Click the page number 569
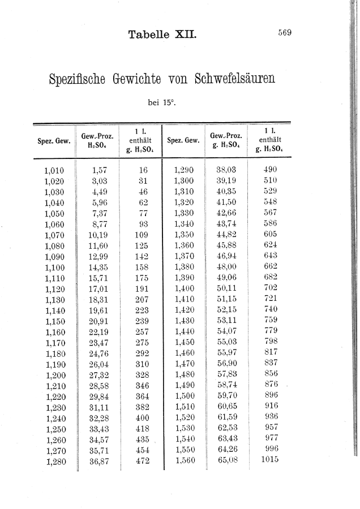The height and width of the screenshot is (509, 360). tap(284, 33)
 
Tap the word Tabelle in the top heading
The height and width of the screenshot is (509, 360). tap(149, 34)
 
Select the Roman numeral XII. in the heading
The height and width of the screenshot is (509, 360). tap(186, 34)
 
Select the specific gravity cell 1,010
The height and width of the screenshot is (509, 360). tap(54, 170)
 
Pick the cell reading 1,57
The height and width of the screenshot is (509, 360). tap(99, 170)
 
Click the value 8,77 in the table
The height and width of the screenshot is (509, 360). tap(99, 224)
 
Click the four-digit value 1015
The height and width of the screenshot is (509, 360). tap(270, 460)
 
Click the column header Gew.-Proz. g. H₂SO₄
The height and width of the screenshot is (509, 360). tap(226, 140)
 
